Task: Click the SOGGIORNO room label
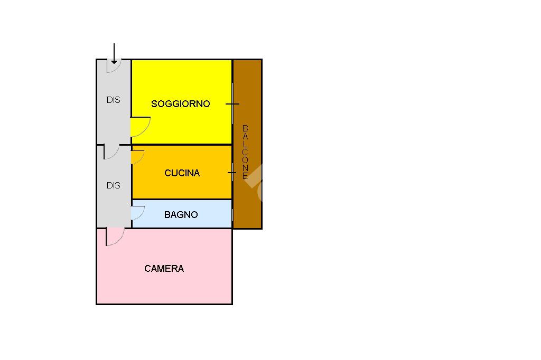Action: point(180,104)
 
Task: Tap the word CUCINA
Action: point(182,173)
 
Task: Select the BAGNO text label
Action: point(181,215)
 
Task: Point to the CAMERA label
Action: point(164,269)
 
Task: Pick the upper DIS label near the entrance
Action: point(113,100)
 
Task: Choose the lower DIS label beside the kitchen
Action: point(113,185)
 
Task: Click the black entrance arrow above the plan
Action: point(114,54)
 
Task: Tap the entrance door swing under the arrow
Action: point(114,67)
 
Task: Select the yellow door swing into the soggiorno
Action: point(139,127)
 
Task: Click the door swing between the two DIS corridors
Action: point(111,151)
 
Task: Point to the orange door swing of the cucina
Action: point(137,157)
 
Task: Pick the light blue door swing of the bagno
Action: point(137,212)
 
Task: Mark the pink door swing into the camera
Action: point(114,236)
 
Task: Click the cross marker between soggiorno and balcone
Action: point(232,104)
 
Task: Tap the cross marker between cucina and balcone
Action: point(232,173)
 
